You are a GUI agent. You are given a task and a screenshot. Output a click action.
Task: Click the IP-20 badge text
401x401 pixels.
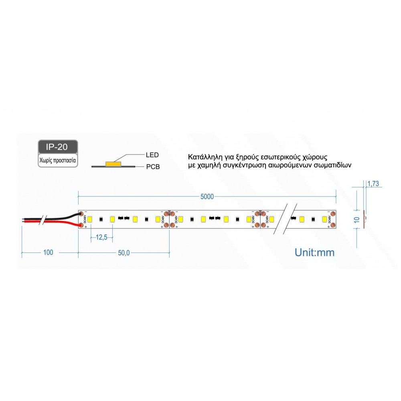coord(57,147)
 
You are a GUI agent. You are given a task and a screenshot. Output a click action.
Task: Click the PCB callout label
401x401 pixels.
coord(153,166)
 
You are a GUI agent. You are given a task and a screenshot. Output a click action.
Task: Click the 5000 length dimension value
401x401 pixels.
coord(207,196)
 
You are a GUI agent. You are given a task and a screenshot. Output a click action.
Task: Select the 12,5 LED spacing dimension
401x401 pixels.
coord(101,238)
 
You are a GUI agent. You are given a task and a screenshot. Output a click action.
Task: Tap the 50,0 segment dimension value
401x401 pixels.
coord(124,253)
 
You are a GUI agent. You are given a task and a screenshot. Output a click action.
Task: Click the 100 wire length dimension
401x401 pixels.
coord(48,253)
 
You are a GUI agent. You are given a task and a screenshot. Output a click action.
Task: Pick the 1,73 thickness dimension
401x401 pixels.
coord(373,184)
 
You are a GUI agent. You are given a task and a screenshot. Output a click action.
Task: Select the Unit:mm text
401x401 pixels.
coord(314,252)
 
